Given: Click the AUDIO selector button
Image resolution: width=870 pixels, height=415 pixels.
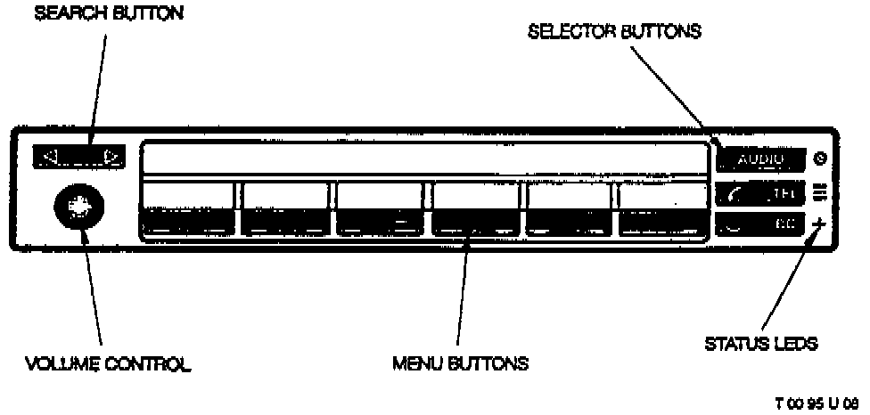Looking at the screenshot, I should pyautogui.click(x=759, y=159).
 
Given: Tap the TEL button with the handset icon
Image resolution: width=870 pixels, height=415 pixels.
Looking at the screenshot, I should pyautogui.click(x=759, y=191).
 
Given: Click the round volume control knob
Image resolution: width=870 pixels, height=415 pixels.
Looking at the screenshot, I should pyautogui.click(x=78, y=207).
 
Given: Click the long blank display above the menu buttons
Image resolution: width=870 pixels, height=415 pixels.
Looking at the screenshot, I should pyautogui.click(x=419, y=159).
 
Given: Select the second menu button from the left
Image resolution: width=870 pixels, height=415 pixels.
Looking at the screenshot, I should pyautogui.click(x=284, y=210).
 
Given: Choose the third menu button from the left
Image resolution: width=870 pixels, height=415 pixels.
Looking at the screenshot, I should pyautogui.click(x=379, y=210).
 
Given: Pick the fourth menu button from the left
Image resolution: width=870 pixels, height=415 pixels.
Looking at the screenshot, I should pyautogui.click(x=475, y=210).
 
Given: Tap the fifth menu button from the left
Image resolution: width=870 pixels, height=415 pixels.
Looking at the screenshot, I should pyautogui.click(x=568, y=210).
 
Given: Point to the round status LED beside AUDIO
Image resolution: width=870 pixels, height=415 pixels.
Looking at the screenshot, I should pyautogui.click(x=820, y=159).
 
